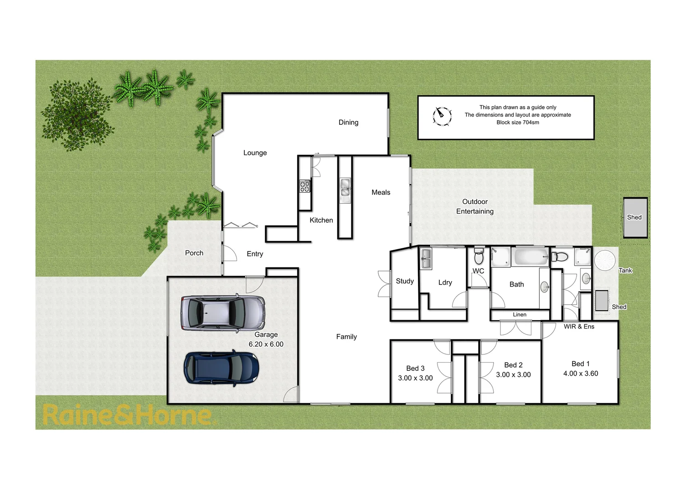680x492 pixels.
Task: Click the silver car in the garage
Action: (222, 313)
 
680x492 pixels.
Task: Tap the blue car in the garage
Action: (222, 368)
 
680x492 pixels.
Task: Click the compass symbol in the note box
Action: (442, 116)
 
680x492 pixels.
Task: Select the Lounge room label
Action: (255, 153)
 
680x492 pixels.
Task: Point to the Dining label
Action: (348, 123)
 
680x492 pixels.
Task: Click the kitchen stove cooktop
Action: (304, 186)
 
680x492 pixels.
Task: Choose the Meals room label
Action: (381, 193)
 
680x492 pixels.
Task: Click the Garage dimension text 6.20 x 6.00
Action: (266, 344)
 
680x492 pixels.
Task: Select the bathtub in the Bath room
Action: (531, 257)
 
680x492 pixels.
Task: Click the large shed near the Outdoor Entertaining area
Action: (635, 218)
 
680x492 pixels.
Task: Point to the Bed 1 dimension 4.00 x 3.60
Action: (580, 374)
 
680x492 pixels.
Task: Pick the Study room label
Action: (405, 282)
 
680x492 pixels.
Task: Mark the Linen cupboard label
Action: (519, 315)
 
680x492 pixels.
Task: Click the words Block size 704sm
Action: (517, 123)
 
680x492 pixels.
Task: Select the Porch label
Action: (194, 253)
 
